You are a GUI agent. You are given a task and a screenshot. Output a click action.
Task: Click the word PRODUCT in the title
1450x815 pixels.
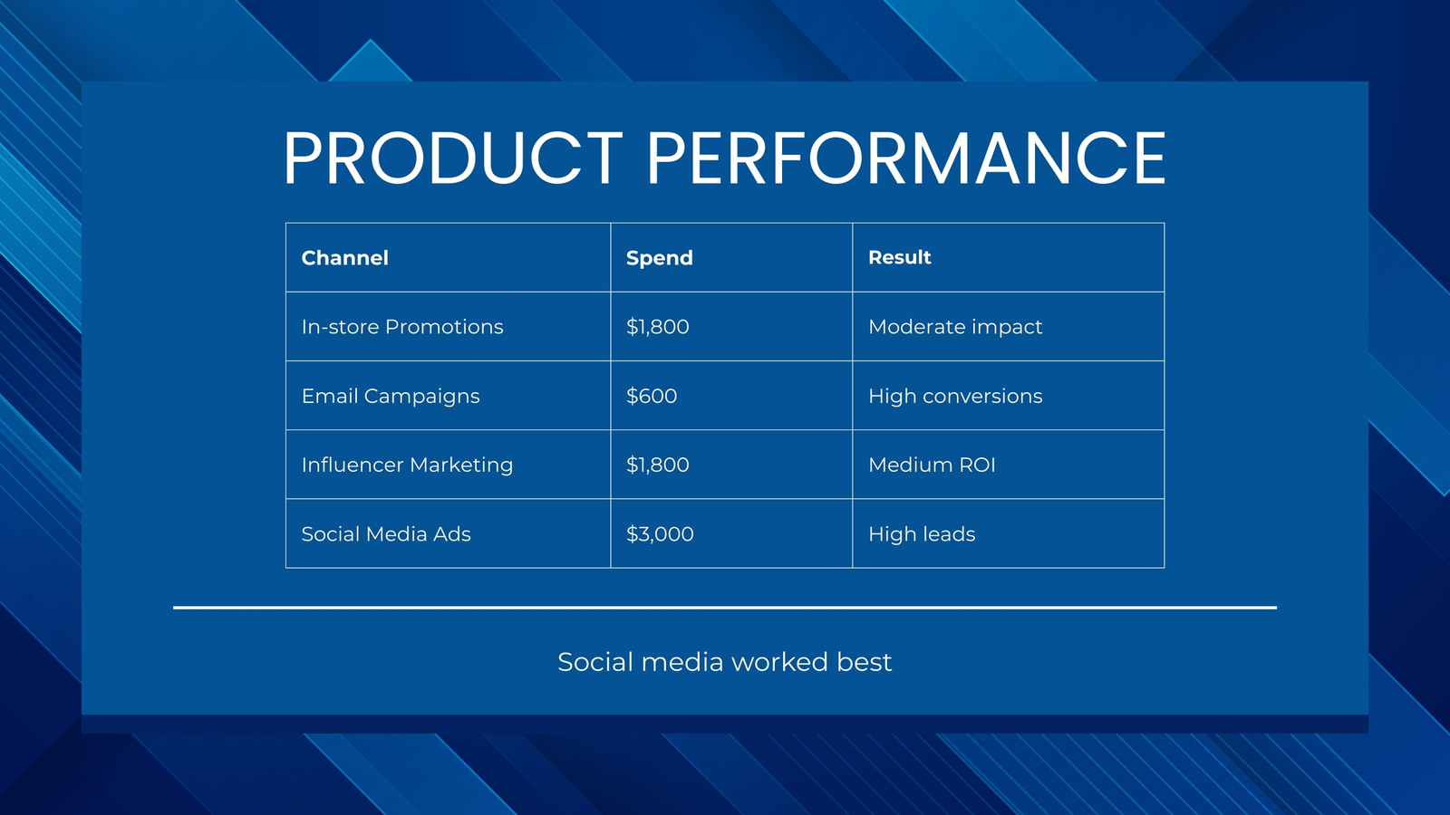(452, 158)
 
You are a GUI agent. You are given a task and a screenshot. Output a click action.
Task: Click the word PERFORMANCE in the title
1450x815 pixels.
(906, 158)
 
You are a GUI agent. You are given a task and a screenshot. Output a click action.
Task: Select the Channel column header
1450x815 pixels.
(345, 258)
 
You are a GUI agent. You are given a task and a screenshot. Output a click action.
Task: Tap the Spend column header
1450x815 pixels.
(659, 258)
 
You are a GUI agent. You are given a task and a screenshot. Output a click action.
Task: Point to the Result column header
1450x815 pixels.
(899, 257)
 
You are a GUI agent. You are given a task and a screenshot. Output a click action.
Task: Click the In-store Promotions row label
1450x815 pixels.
(402, 327)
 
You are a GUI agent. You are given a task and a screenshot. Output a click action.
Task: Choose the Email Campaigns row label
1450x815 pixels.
(391, 396)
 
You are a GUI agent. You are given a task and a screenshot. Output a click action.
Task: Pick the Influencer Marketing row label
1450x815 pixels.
(407, 465)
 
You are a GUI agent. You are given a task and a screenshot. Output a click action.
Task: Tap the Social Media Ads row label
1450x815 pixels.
(386, 533)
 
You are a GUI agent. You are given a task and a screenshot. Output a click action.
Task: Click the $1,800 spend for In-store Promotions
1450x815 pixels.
(657, 327)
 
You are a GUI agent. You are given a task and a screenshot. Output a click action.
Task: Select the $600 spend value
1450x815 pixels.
(652, 396)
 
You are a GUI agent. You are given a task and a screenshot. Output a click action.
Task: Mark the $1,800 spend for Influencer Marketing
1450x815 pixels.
(657, 465)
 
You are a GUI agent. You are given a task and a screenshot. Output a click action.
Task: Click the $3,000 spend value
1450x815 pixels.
(660, 533)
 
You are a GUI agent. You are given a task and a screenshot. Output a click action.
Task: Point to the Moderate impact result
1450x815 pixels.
(955, 327)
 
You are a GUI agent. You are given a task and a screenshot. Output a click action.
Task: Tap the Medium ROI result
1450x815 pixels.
(932, 465)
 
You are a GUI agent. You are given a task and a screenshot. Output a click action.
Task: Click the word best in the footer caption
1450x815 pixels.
(864, 662)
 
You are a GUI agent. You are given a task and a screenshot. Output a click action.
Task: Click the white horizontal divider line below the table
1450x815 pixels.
(725, 608)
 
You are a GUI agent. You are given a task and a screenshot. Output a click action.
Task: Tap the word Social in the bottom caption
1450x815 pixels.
(594, 662)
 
